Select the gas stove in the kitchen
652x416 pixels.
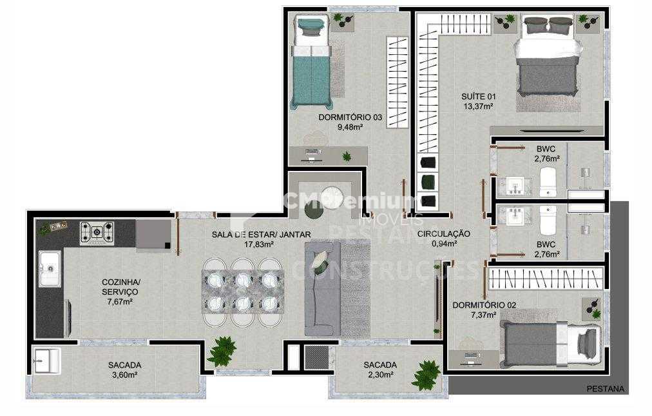coord(97,233)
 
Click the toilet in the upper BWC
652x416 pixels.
coord(548,183)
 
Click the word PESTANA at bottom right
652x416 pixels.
coord(605,388)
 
